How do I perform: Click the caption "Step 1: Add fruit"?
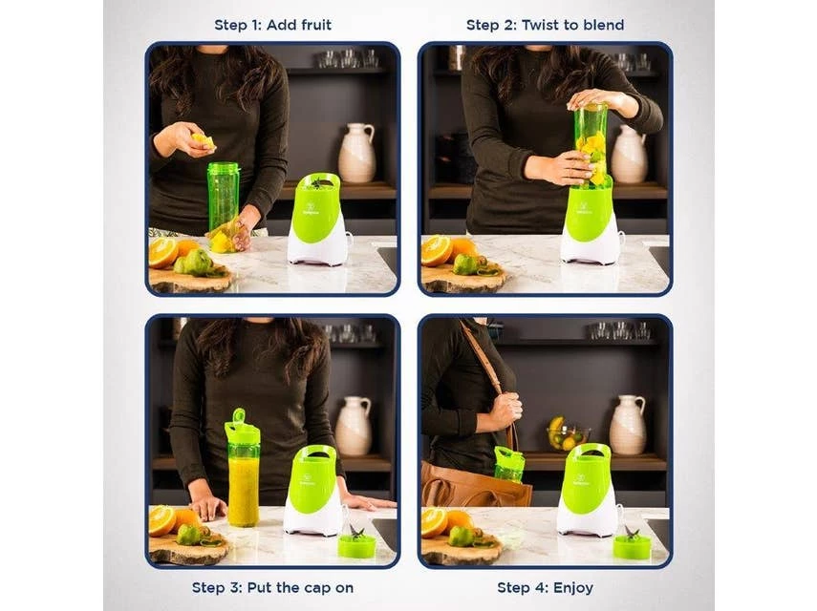pyautogui.click(x=272, y=25)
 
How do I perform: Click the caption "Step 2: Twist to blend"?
pyautogui.click(x=545, y=25)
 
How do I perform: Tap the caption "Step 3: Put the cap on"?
pyautogui.click(x=272, y=587)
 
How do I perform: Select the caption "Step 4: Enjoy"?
pyautogui.click(x=545, y=587)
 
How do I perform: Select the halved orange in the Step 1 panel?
pyautogui.click(x=163, y=253)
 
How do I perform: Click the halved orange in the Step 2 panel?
pyautogui.click(x=437, y=251)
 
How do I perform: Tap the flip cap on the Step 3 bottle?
pyautogui.click(x=240, y=421)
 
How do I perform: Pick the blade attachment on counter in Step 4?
pyautogui.click(x=631, y=541)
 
